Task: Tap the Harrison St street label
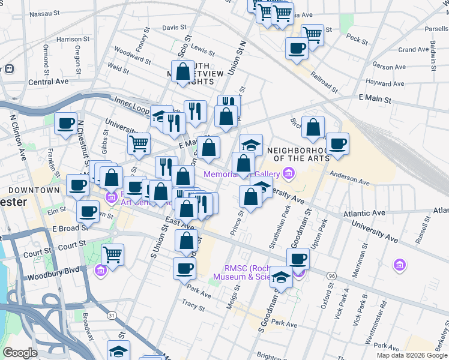point(73,39)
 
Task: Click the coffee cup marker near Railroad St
point(296,47)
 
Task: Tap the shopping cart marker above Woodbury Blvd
point(112,254)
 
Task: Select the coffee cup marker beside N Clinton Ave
point(65,123)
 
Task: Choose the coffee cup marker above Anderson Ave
point(337,143)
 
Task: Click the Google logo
point(20,352)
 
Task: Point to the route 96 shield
point(331,275)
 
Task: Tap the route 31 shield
point(111,314)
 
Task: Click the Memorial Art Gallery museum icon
point(289,174)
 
